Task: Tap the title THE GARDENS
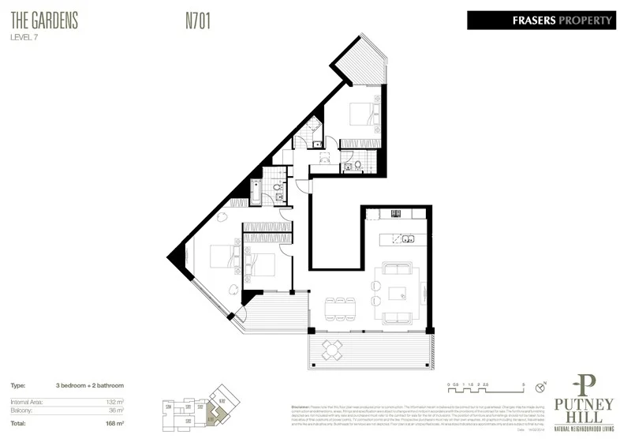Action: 45,21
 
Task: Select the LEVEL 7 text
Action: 27,37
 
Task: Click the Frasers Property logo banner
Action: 541,21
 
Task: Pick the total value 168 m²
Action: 115,423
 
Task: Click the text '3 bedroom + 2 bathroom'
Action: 90,385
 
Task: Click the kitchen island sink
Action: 407,239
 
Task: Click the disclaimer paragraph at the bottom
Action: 402,411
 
